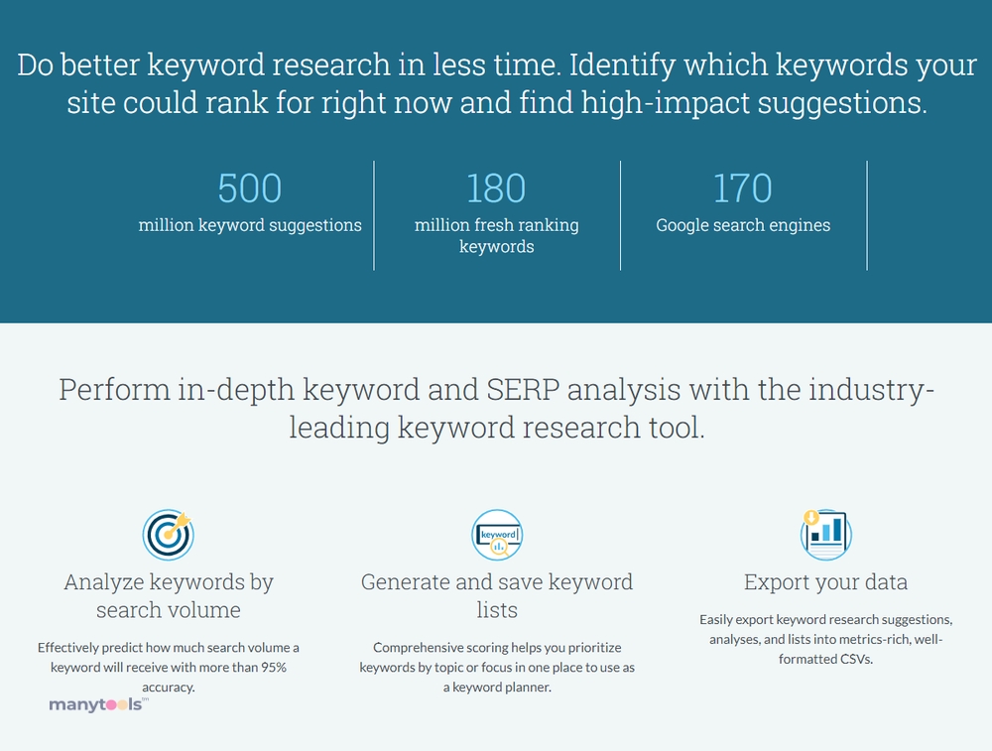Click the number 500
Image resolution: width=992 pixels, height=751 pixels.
click(x=249, y=188)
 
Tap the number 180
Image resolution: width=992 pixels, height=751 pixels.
click(x=496, y=188)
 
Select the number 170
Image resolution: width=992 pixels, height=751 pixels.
click(x=743, y=188)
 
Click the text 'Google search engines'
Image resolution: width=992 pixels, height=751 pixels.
click(x=743, y=225)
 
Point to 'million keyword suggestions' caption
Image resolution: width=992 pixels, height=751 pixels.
click(x=250, y=225)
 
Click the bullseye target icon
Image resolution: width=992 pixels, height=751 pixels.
click(x=168, y=535)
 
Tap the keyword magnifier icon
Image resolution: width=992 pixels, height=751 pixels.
click(x=497, y=535)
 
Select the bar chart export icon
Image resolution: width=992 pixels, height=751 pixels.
click(x=825, y=535)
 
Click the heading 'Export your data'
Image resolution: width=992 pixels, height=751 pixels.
click(x=825, y=582)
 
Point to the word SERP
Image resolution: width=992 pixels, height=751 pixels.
click(x=523, y=389)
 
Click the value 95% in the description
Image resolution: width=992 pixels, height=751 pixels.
click(x=274, y=667)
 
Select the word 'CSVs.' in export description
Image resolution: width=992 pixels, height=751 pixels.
click(x=857, y=660)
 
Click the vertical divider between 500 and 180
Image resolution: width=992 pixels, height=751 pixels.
click(x=374, y=215)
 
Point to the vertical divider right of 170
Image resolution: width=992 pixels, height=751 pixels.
click(x=867, y=215)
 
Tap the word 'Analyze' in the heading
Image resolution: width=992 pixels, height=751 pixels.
click(x=103, y=582)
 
